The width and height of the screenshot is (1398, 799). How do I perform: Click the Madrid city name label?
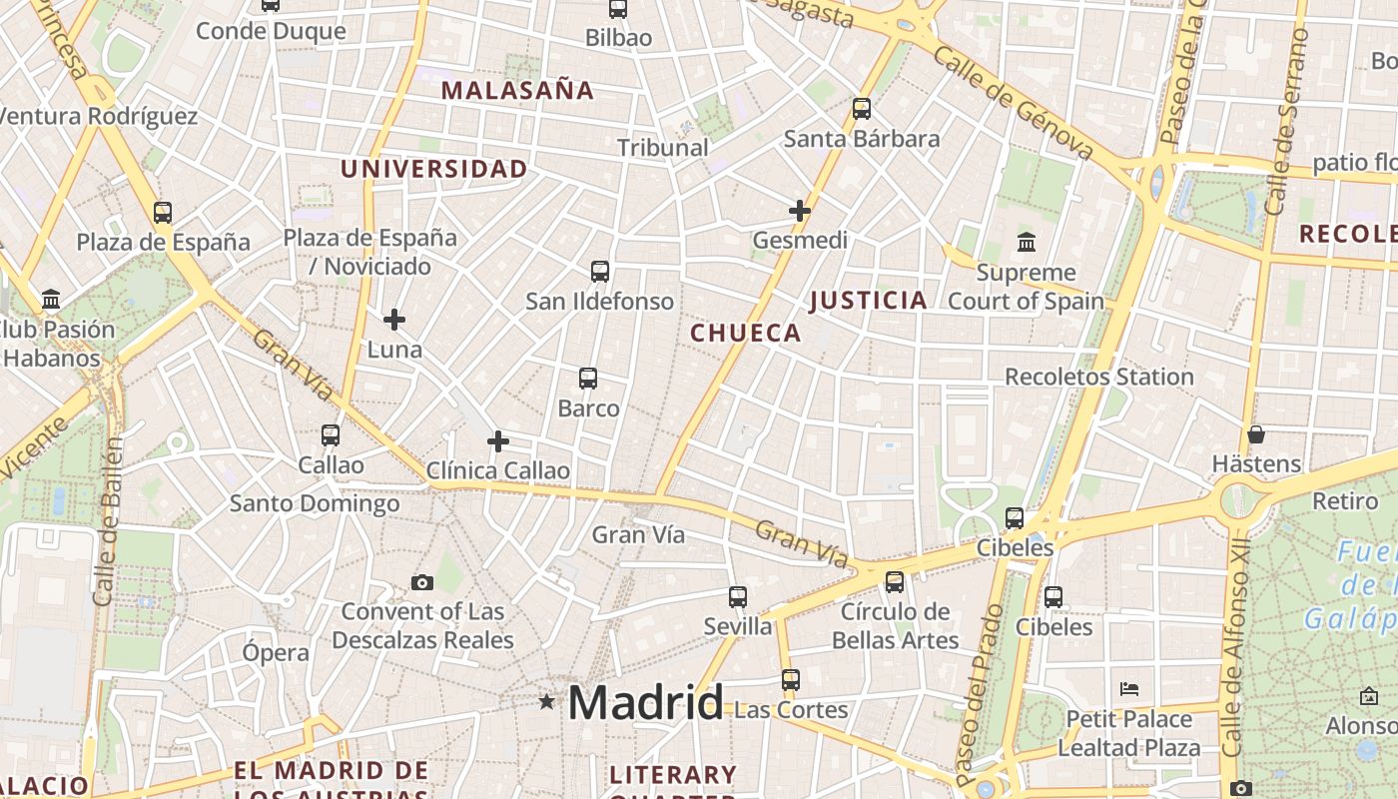[645, 703]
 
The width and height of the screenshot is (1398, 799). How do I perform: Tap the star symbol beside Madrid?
[546, 702]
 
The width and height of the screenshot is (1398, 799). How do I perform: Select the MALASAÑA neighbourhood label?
[517, 91]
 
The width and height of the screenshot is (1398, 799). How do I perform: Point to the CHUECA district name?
[746, 334]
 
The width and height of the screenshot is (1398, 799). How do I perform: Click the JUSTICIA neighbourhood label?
[868, 301]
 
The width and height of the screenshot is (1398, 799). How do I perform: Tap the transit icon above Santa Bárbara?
[861, 109]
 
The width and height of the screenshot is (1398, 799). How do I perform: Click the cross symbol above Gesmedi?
[799, 211]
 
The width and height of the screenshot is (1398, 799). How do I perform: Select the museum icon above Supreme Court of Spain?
[1026, 242]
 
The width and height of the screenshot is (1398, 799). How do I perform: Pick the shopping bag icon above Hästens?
[1255, 434]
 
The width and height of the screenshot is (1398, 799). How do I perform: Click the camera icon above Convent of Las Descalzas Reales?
[422, 582]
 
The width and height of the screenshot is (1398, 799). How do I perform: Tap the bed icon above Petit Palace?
[1129, 689]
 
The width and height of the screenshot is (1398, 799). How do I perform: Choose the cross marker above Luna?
[394, 320]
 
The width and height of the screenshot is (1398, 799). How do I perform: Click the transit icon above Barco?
[588, 379]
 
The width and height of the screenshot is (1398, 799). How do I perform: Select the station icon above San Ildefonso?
[599, 271]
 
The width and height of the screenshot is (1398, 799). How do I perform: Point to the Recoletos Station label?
[1098, 378]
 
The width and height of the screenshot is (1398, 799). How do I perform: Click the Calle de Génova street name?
[1014, 101]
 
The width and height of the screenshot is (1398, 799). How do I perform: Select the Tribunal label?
[662, 148]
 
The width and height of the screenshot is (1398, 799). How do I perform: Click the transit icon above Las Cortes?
[790, 680]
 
